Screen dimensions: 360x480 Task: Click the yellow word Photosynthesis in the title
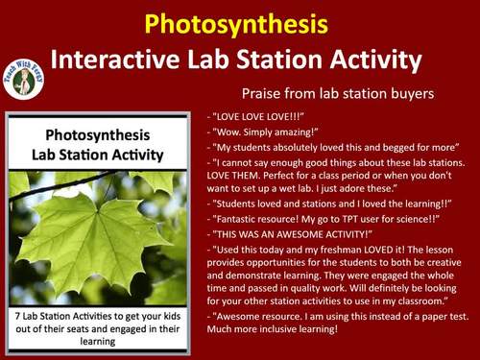pos(239,22)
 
